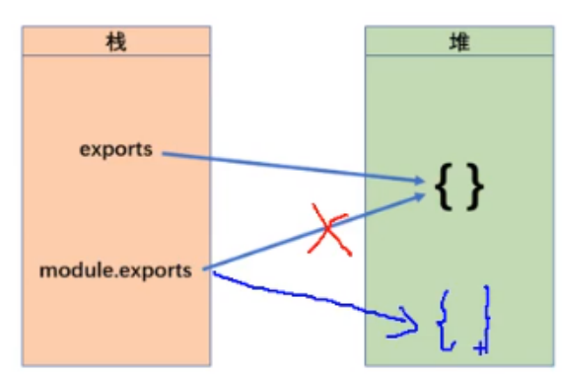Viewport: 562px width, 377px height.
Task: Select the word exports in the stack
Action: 116,150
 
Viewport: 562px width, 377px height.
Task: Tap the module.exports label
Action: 116,268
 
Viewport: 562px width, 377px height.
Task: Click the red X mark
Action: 328,230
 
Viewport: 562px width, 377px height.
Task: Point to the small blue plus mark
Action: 478,347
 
